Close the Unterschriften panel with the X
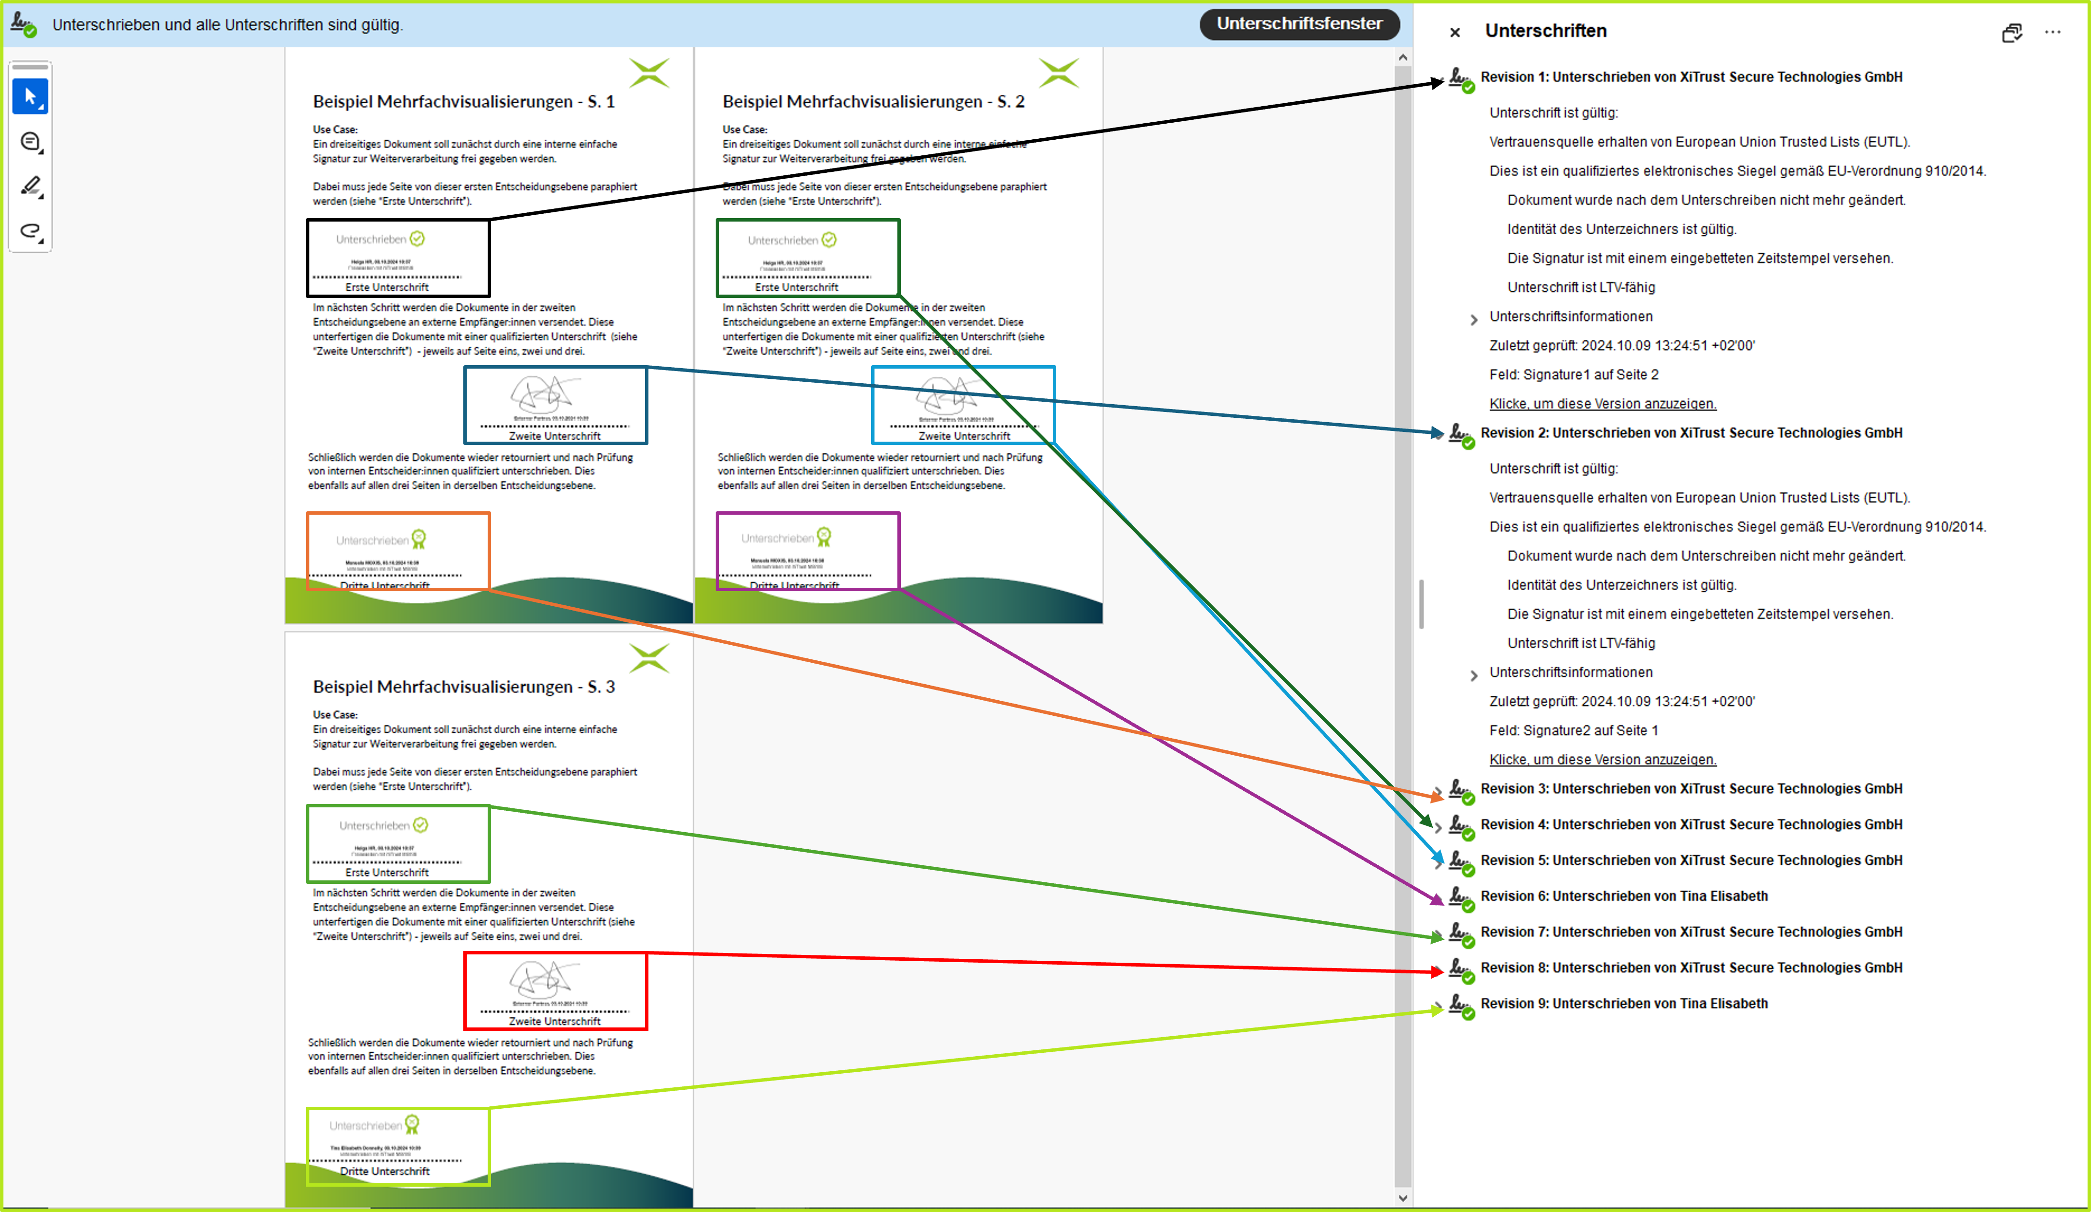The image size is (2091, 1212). (1455, 32)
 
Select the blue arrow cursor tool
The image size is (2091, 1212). (30, 97)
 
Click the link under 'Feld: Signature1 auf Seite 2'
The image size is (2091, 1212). (1602, 404)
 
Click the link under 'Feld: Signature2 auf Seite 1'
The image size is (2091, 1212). (1602, 760)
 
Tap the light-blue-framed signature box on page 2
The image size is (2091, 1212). (963, 405)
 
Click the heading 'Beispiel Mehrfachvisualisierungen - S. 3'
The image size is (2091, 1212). (463, 687)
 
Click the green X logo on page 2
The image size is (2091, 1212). (1059, 73)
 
